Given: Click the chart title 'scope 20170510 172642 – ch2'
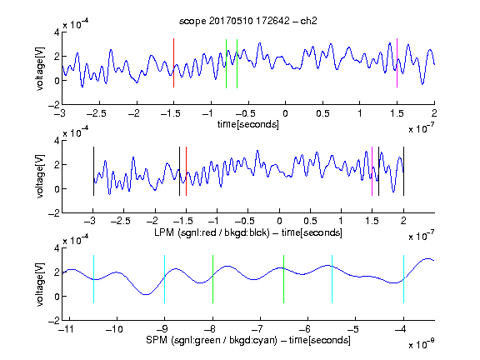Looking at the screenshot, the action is coord(248,21).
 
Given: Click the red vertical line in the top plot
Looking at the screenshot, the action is coord(173,63).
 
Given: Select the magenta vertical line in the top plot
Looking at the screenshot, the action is coord(397,63).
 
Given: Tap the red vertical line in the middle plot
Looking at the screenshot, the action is coord(186,171).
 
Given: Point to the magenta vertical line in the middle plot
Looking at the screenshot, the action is coord(372,171).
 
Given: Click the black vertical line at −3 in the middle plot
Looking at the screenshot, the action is coord(93,171).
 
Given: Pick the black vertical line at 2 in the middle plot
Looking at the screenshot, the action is coord(403,171).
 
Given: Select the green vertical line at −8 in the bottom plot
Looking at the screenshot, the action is coord(212,279).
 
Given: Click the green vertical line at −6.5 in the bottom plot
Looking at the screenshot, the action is coord(284,279).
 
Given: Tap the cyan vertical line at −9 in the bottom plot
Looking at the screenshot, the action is coord(165,279).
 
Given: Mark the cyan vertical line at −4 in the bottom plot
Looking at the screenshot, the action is coord(404,279).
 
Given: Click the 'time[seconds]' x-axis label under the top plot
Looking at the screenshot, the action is coord(248,124).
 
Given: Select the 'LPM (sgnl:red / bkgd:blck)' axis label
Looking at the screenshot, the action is coord(212,232).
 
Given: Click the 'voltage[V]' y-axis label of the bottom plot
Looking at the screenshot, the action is coord(40,284).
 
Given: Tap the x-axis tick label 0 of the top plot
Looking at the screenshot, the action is coord(285,113).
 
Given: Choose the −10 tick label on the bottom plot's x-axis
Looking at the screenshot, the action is coord(114,329).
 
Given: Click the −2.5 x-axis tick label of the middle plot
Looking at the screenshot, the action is coord(121,221).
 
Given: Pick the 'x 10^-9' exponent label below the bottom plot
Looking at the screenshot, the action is coord(422,344).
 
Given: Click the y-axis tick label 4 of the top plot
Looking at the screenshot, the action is coord(57,32).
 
